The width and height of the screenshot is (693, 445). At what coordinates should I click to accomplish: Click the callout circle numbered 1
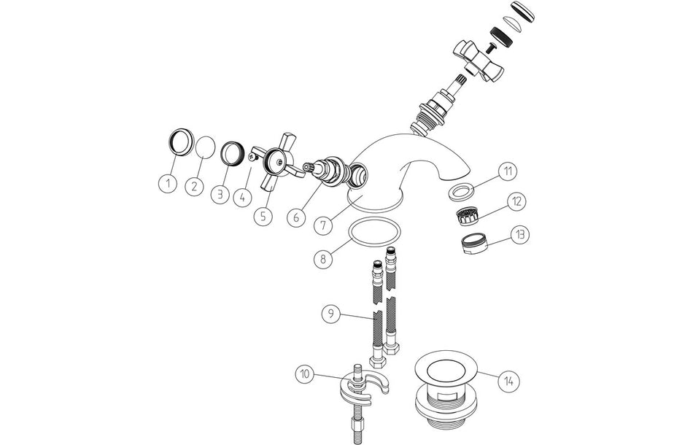(x=167, y=183)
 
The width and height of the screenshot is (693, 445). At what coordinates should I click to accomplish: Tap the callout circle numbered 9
(x=333, y=314)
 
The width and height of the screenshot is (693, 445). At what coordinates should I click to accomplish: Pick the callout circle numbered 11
(x=508, y=171)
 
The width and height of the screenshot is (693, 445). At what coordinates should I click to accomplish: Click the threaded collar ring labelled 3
(x=231, y=155)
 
